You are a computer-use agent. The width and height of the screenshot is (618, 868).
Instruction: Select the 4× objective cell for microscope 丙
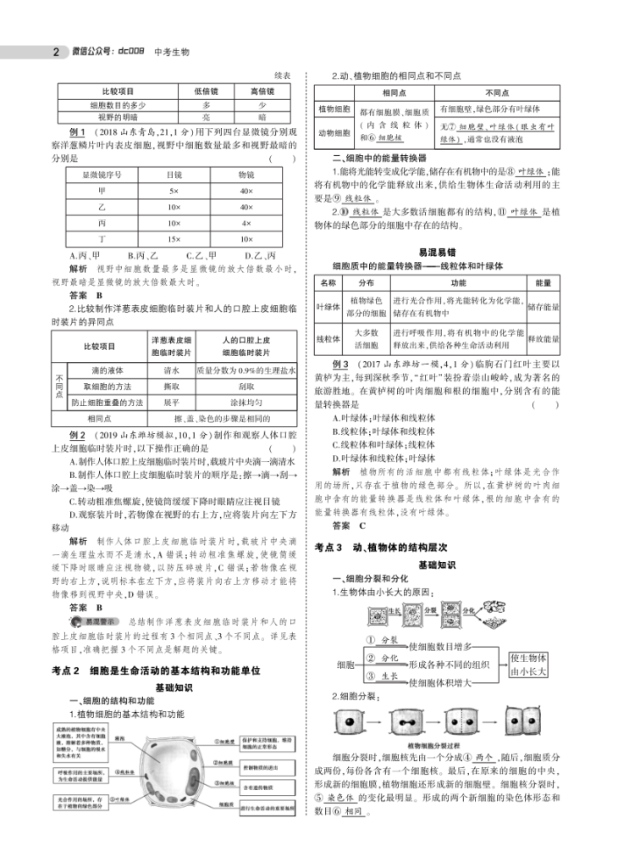(x=246, y=224)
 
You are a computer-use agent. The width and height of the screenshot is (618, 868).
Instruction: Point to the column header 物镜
(x=246, y=175)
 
